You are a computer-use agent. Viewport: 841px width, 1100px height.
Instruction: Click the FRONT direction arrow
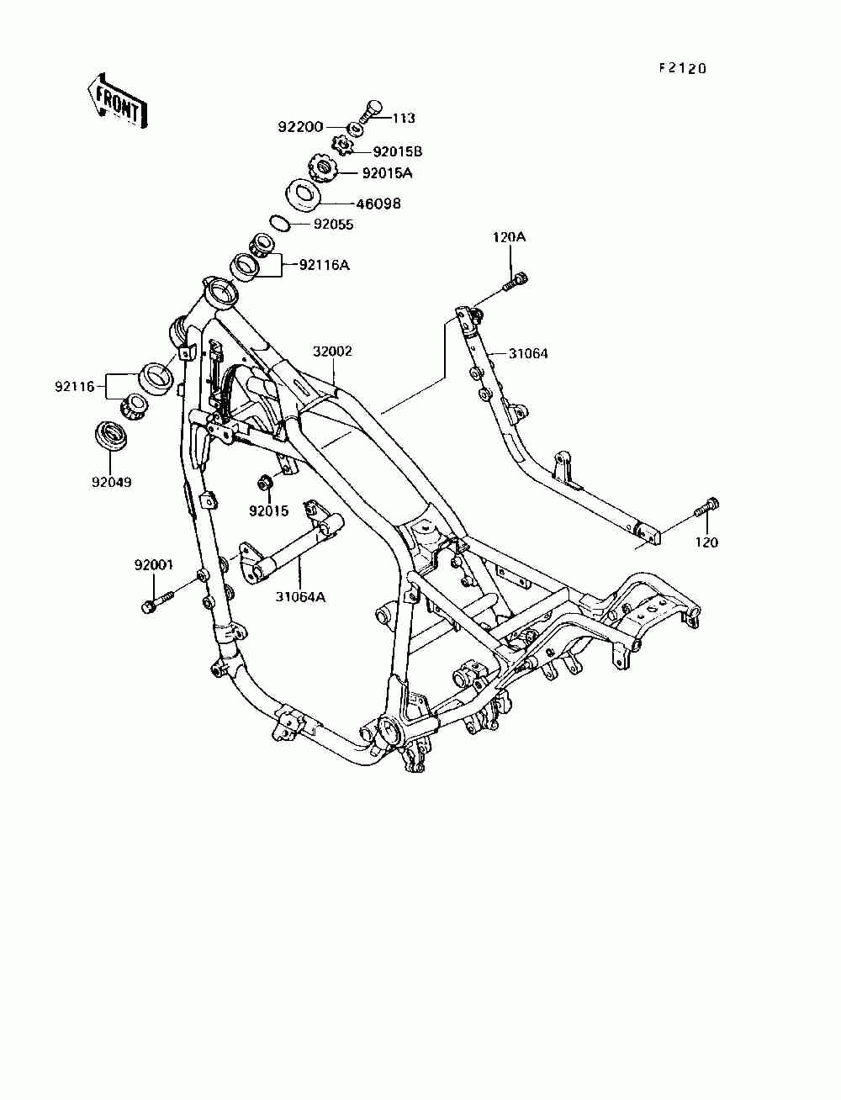click(x=115, y=101)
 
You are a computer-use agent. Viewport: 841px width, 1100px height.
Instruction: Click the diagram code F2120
click(x=682, y=68)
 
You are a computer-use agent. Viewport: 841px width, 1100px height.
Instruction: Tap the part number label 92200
click(x=300, y=128)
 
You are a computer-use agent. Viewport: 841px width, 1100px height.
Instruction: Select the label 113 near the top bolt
click(x=404, y=119)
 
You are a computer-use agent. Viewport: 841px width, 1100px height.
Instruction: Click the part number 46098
click(x=380, y=204)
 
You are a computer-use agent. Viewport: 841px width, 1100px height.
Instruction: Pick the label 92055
click(x=334, y=225)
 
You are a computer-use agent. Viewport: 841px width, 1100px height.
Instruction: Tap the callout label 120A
click(x=509, y=237)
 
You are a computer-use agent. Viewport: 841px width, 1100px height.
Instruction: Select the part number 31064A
click(x=300, y=597)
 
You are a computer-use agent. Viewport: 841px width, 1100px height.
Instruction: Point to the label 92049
click(x=112, y=483)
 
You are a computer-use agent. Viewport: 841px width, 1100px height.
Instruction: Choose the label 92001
click(x=153, y=565)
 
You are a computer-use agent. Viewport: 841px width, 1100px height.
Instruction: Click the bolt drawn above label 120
click(x=705, y=508)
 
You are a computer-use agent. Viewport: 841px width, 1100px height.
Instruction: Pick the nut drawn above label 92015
click(x=264, y=483)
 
